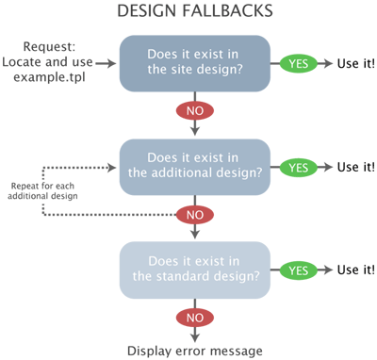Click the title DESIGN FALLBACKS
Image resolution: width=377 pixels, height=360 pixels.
(x=194, y=12)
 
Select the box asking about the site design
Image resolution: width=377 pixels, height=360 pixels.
(x=193, y=63)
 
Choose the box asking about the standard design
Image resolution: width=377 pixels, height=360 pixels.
(x=193, y=270)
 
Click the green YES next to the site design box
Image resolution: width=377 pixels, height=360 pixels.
(x=299, y=63)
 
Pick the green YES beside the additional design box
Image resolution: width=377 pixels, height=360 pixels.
(x=299, y=167)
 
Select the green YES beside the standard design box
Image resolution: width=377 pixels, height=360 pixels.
(x=299, y=270)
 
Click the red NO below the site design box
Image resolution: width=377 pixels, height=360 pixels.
(x=193, y=111)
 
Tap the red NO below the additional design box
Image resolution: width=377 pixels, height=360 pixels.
(x=193, y=215)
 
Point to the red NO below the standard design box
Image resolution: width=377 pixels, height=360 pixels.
(x=193, y=318)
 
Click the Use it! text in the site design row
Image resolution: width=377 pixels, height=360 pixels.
(x=352, y=63)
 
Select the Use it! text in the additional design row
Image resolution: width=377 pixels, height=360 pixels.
(x=352, y=167)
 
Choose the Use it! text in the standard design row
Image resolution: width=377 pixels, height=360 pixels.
(x=352, y=270)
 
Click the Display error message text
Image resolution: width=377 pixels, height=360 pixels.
(x=194, y=351)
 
